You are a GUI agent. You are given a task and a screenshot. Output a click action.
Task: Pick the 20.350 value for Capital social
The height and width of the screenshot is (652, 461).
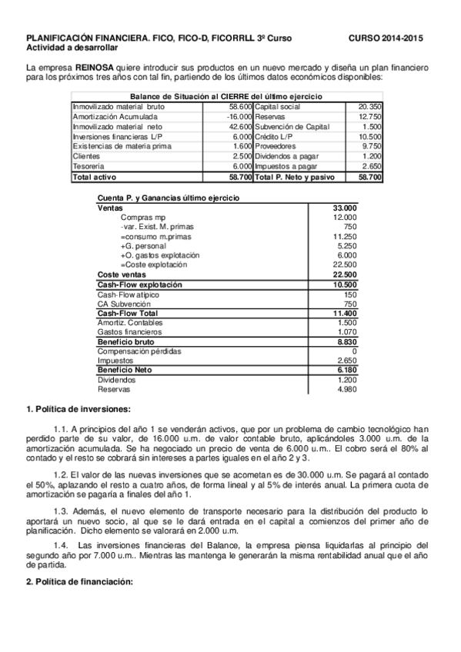coord(369,106)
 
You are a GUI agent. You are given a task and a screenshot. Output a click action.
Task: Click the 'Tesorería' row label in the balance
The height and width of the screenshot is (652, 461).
coord(89,166)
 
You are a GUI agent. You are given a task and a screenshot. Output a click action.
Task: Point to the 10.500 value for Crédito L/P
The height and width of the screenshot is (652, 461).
coord(370,136)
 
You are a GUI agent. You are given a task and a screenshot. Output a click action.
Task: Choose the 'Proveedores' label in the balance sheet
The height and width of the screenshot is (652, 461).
coord(275,146)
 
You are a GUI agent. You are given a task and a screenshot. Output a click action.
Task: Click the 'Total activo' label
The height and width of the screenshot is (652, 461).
coord(92,176)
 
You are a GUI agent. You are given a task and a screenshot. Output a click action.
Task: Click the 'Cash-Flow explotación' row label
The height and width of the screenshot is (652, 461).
coord(139,284)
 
